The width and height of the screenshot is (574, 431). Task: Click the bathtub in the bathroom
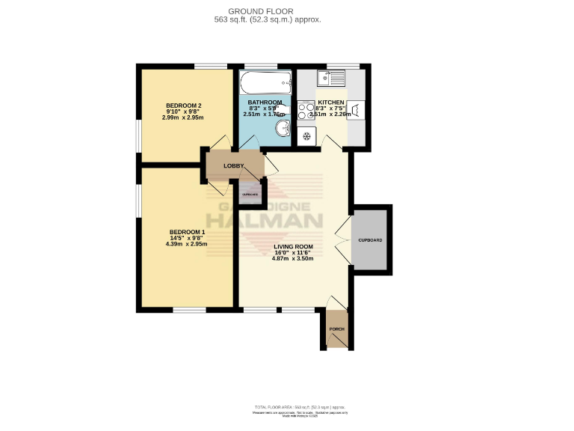(265, 82)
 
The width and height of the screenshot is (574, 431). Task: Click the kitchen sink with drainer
(330, 77)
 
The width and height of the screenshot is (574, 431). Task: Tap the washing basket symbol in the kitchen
(356, 110)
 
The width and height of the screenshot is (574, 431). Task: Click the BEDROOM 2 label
(184, 105)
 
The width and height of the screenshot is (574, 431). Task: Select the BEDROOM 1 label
(187, 231)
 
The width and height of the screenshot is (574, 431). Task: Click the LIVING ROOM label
(293, 246)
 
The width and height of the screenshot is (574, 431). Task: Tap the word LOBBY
(223, 165)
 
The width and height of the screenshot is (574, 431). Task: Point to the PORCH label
(337, 328)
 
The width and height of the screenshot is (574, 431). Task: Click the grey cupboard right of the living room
(370, 240)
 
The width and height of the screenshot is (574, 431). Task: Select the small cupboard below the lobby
(250, 194)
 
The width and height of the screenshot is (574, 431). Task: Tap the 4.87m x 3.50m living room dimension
(293, 259)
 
